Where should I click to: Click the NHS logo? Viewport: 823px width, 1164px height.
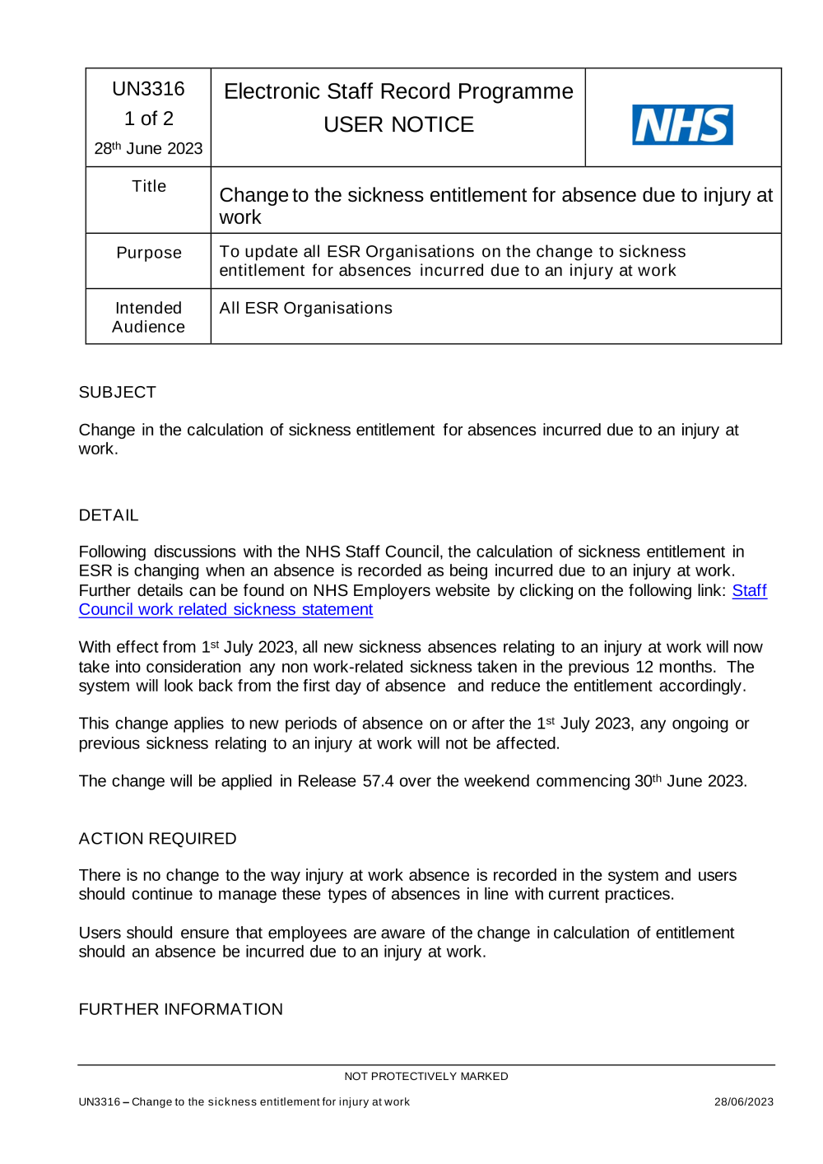(682, 124)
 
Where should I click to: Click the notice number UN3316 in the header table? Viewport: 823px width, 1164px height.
(148, 89)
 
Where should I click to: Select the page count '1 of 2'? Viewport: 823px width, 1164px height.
(148, 119)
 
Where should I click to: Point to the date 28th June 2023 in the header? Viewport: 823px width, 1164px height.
(148, 148)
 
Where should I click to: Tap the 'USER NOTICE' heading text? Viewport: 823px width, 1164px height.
(398, 124)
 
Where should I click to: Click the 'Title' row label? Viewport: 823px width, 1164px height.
(149, 187)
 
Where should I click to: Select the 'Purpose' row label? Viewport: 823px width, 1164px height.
(149, 253)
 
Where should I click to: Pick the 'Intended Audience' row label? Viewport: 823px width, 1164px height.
(148, 317)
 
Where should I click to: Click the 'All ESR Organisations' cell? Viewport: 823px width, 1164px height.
(305, 308)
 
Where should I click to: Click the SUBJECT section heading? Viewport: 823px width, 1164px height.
(117, 392)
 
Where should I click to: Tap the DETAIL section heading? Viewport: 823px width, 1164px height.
(109, 514)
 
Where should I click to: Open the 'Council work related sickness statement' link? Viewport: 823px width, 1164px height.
(226, 609)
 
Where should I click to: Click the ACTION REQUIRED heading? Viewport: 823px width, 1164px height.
(157, 838)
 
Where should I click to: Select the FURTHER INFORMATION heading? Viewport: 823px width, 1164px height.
(180, 1008)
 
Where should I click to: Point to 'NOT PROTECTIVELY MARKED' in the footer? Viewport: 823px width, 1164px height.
(425, 1076)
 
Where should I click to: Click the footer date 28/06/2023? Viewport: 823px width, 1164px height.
(743, 1101)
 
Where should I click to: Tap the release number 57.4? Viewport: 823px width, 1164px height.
(378, 780)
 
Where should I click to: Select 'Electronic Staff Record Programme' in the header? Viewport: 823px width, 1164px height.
(398, 91)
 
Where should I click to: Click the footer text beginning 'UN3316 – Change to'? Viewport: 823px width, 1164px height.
(244, 1101)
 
